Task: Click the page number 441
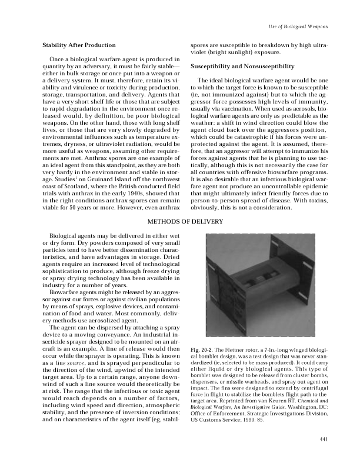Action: [x=322, y=440]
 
